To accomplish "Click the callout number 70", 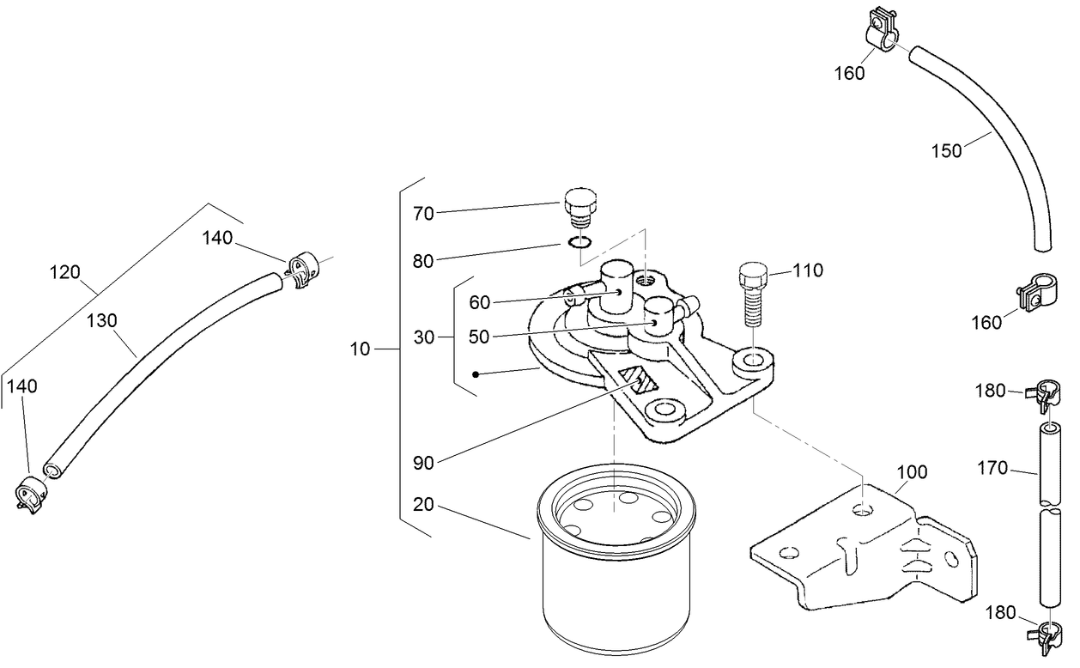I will coord(424,213).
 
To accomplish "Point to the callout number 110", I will coord(807,271).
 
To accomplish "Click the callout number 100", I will coord(912,473).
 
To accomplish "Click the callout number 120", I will coord(65,273).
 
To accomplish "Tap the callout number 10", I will coord(361,349).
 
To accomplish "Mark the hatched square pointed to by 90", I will coord(639,377).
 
